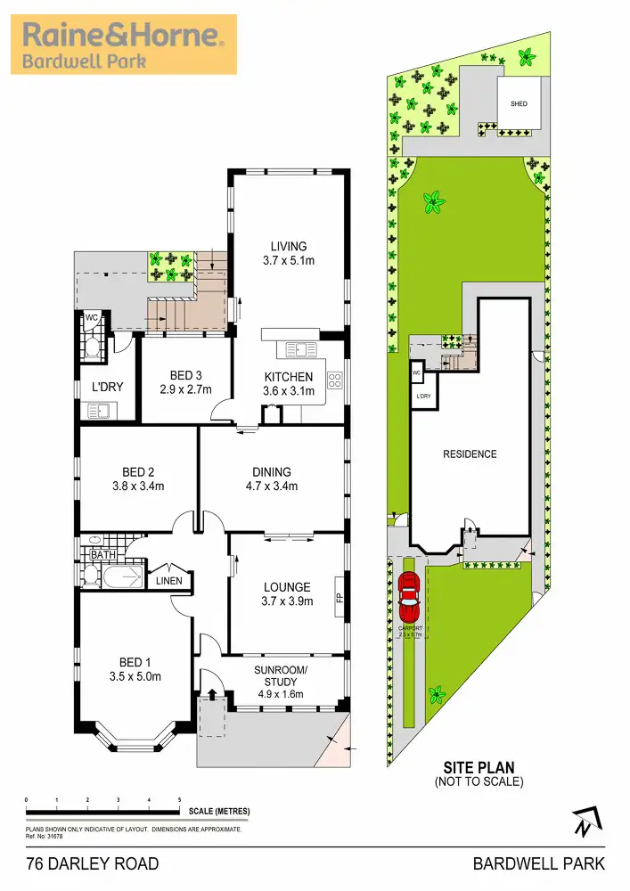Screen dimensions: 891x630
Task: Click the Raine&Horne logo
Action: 124,44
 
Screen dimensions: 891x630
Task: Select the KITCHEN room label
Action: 289,377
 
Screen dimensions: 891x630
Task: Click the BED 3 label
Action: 187,375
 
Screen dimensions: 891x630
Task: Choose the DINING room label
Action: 271,472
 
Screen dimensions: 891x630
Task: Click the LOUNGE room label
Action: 287,587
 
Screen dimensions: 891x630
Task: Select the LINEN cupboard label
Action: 168,582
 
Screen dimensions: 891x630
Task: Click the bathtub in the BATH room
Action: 111,578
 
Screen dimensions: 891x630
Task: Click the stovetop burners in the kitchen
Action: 335,380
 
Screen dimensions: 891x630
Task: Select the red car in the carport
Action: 409,599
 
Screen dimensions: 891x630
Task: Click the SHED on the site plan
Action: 519,104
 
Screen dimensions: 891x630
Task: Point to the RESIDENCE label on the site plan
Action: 470,454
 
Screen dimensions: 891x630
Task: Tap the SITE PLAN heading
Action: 479,766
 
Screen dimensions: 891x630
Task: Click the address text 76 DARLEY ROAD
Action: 93,863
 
